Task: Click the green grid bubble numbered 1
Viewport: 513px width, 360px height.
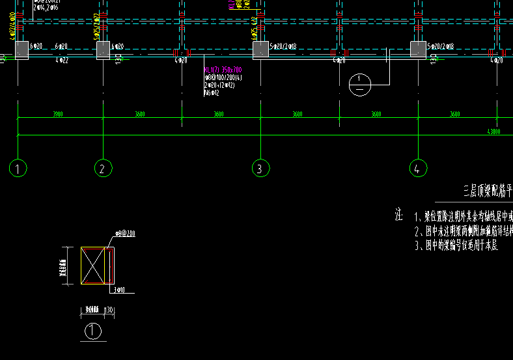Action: point(18,169)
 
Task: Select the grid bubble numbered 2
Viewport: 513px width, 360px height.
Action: point(103,169)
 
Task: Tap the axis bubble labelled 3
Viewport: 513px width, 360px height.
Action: point(260,169)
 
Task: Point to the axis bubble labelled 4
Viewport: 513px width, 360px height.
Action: point(419,169)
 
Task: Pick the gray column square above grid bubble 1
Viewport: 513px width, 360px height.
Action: point(20,49)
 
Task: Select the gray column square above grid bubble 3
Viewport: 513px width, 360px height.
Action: point(261,49)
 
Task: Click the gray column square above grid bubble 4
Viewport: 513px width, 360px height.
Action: point(419,49)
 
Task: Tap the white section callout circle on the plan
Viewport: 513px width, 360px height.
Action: point(359,85)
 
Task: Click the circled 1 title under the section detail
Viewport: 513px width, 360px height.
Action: point(94,331)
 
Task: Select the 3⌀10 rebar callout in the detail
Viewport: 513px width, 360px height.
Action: point(119,290)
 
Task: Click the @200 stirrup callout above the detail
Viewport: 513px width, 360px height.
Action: point(125,233)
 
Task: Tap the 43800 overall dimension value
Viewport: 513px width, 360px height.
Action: point(493,132)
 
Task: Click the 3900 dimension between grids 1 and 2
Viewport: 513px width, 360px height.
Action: point(57,115)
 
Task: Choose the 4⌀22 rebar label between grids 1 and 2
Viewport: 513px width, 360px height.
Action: point(62,61)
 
